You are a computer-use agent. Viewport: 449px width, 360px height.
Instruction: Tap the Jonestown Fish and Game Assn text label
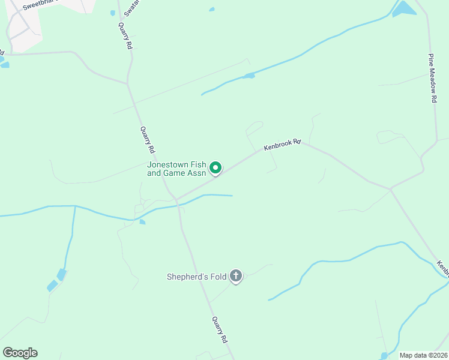177,169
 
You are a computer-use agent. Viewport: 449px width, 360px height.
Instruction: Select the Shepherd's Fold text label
197,277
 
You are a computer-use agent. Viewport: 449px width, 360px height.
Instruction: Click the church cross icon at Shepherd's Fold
236,277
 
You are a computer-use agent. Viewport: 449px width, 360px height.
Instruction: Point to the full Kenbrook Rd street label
282,145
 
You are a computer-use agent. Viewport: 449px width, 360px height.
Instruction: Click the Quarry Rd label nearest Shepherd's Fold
220,329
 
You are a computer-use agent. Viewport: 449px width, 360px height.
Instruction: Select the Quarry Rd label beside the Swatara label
125,37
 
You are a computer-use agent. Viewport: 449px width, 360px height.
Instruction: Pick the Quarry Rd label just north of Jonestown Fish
148,139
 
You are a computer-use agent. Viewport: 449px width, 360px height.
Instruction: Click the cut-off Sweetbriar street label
43,5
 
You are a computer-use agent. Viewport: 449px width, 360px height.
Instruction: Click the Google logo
20,353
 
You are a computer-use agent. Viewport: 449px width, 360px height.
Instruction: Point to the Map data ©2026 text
423,355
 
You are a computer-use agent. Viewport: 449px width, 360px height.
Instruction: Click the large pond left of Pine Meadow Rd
404,8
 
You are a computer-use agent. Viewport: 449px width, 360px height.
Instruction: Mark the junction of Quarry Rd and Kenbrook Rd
176,199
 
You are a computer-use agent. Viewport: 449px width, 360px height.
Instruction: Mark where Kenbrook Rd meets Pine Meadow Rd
391,189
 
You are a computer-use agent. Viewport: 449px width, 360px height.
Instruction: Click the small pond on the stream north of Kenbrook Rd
249,76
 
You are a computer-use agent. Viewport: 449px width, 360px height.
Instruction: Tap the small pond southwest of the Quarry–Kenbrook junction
142,222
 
